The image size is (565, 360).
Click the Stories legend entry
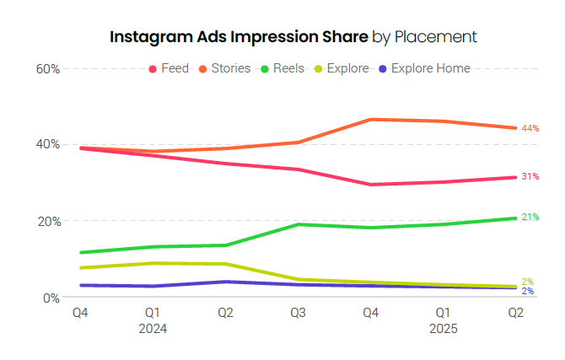(224, 68)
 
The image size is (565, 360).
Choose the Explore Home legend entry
(425, 68)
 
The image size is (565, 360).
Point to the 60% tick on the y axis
(48, 68)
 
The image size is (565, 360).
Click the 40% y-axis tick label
(48, 144)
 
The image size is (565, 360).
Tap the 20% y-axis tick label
(48, 221)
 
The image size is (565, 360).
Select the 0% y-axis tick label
(51, 298)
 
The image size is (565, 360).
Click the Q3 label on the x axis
(298, 314)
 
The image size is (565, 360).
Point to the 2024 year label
(153, 329)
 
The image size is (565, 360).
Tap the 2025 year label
(443, 329)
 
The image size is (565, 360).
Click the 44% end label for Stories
(530, 128)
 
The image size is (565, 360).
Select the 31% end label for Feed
(530, 177)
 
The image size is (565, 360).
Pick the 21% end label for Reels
(530, 218)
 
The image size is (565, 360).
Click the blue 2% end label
(527, 292)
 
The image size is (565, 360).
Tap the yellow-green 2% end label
(527, 282)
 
